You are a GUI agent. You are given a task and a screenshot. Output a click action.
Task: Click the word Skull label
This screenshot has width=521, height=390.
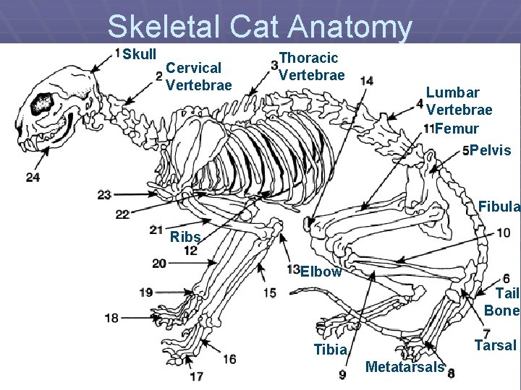[x=140, y=55]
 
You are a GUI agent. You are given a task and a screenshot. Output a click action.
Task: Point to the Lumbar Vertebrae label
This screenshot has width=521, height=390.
[x=459, y=101]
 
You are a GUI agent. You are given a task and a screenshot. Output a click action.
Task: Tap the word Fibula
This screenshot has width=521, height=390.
[x=499, y=208]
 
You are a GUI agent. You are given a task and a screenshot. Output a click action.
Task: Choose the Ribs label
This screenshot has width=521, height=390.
[x=185, y=238]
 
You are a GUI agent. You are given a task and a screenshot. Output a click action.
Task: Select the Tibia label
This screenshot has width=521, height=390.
[x=331, y=350]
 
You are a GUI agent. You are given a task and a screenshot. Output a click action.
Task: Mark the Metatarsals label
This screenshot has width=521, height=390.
[x=404, y=367]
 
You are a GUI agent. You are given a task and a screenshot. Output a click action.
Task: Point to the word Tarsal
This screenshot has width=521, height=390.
[x=494, y=345]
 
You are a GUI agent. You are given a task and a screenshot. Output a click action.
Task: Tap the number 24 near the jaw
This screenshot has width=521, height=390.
[x=33, y=177]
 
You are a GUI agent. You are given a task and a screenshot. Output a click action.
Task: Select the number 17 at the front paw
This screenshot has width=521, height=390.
[x=196, y=376]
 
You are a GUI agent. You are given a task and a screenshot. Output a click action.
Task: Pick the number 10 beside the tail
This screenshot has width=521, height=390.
[x=503, y=233]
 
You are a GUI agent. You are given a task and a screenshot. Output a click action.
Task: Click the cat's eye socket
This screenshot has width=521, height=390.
[x=42, y=103]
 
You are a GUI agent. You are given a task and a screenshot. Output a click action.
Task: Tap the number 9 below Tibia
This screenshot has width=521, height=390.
[x=342, y=374]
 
